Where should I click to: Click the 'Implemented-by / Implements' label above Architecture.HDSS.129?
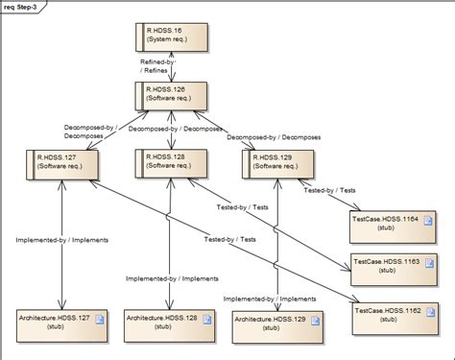click(270, 299)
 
